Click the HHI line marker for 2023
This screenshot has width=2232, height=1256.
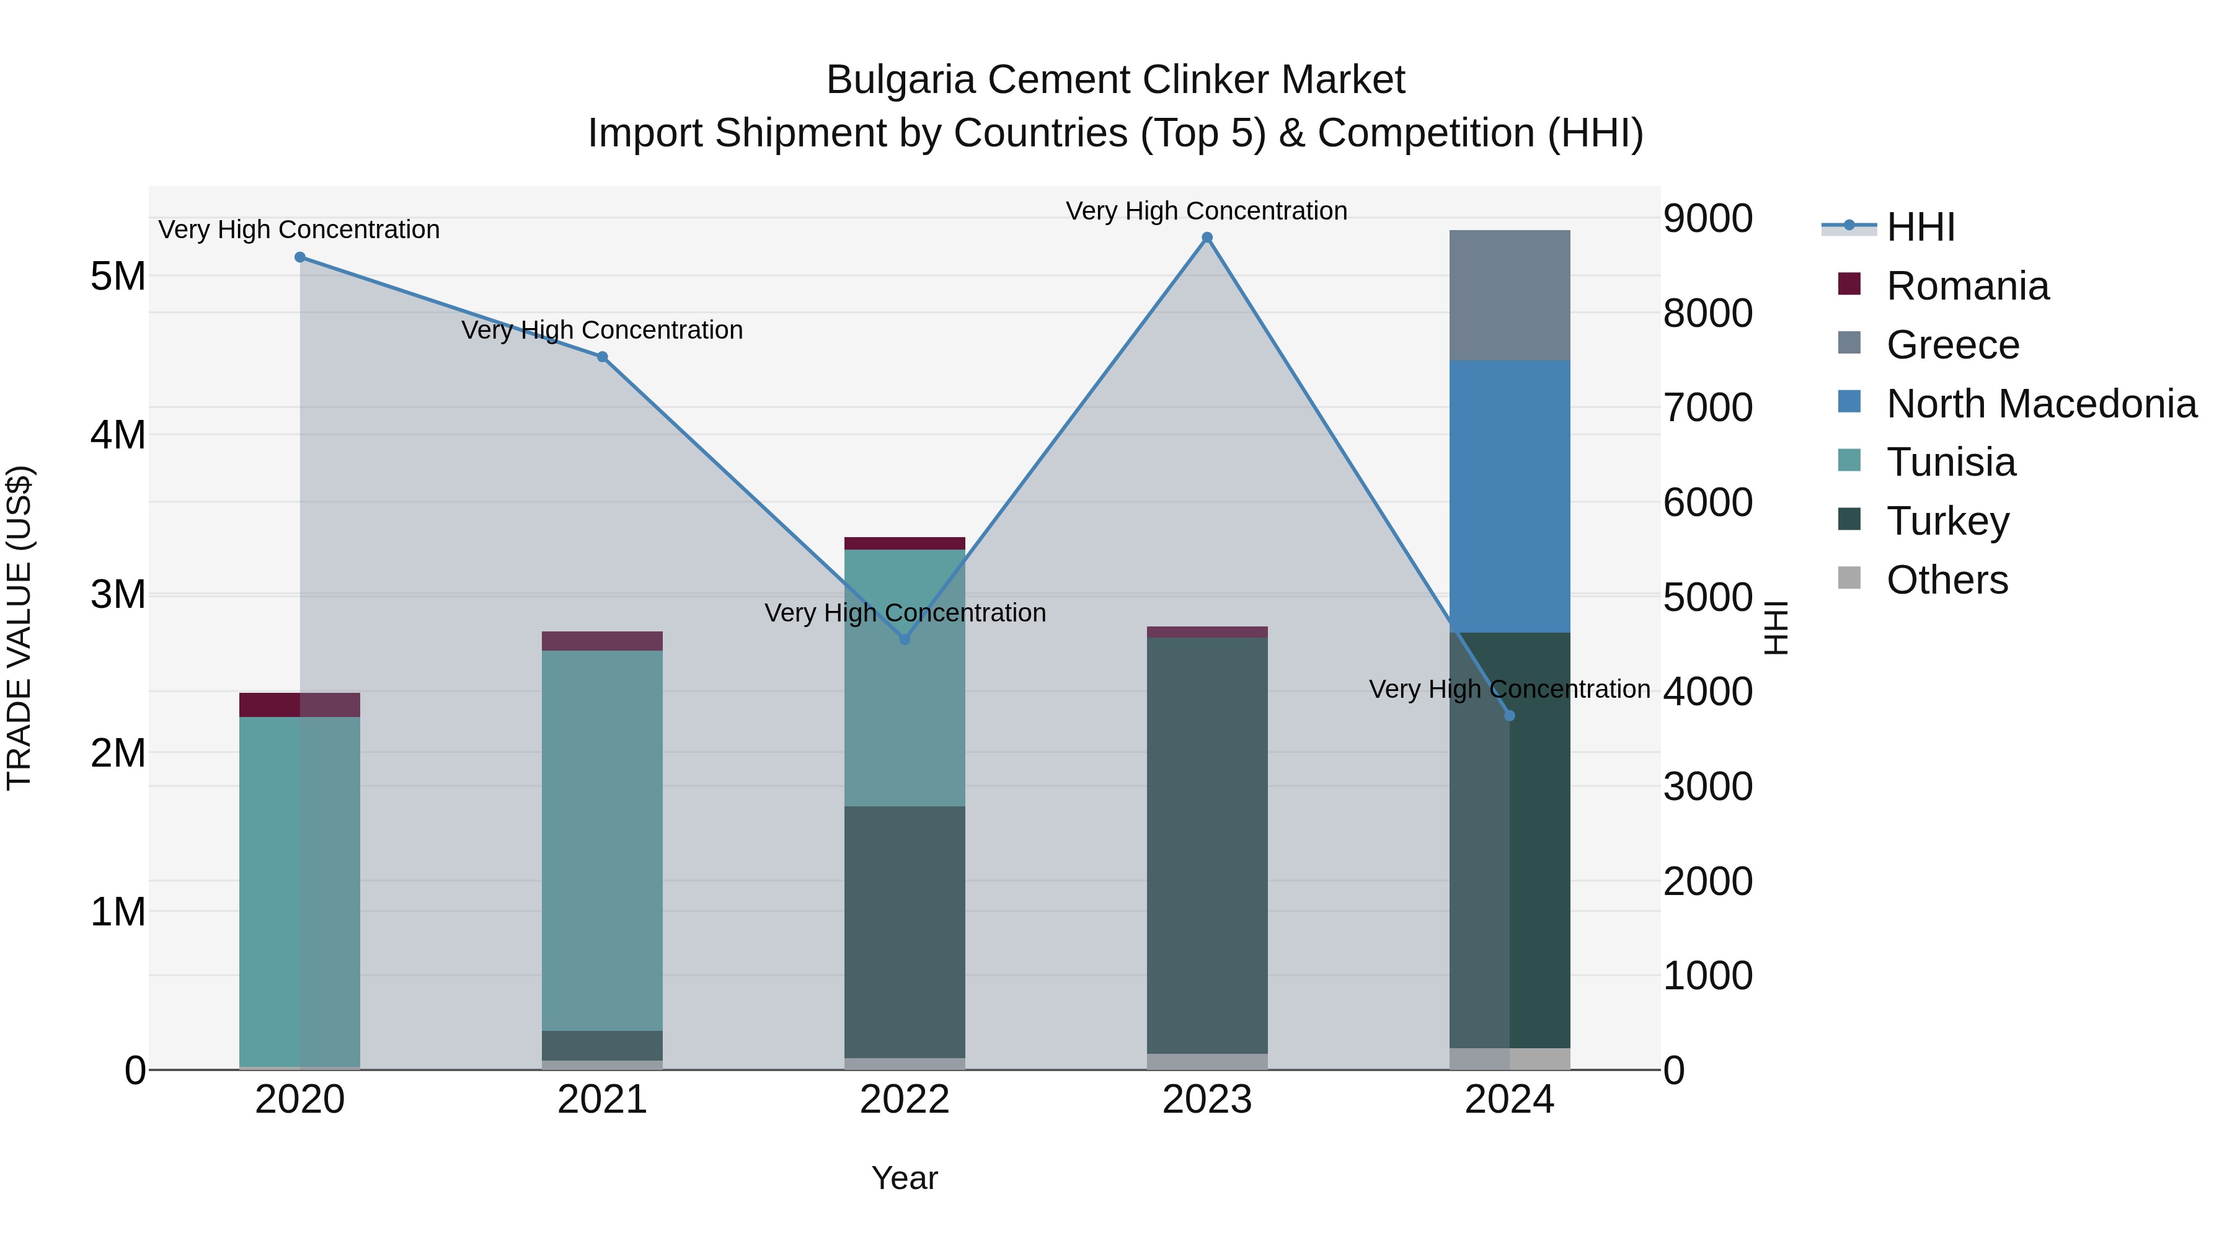[x=1207, y=238]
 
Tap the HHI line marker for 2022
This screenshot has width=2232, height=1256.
[x=905, y=639]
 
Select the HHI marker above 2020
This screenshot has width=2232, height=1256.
[x=300, y=257]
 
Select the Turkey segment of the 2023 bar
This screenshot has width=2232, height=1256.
[x=1207, y=845]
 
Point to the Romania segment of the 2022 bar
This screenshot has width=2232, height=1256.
[x=905, y=543]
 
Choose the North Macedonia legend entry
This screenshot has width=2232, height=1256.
[x=2040, y=404]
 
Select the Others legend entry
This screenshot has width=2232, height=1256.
[x=1946, y=580]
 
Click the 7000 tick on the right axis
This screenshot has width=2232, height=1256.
[x=1707, y=408]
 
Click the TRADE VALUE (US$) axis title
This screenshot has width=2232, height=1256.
[x=19, y=628]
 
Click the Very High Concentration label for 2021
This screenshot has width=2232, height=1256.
[x=602, y=330]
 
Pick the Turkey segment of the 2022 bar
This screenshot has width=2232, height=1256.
[x=905, y=932]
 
